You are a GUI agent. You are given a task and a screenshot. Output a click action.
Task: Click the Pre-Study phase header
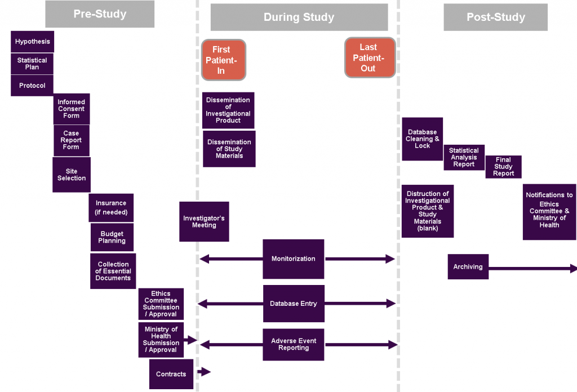[100, 14]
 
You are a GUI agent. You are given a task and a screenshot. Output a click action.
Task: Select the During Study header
[299, 17]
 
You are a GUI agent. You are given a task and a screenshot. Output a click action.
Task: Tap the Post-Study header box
[495, 17]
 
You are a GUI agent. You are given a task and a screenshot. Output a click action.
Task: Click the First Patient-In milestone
[223, 59]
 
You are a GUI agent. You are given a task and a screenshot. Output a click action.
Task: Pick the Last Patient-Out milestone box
[370, 57]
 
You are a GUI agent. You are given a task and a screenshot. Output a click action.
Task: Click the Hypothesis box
[32, 42]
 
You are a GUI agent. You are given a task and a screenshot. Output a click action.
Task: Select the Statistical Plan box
[32, 64]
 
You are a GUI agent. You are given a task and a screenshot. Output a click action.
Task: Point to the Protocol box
[32, 86]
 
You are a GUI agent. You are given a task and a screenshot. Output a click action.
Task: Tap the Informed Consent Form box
[72, 109]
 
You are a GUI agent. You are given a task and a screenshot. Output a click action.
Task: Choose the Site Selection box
[72, 175]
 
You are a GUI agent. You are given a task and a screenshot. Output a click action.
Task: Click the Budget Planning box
[112, 237]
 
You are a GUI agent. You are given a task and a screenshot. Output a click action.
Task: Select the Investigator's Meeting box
[204, 221]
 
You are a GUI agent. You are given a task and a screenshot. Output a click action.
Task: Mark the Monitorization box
[293, 259]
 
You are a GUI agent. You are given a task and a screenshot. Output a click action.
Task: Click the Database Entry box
[293, 304]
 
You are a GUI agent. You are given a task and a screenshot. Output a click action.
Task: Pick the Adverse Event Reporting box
[293, 344]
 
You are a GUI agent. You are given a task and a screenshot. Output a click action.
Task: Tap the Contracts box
[171, 374]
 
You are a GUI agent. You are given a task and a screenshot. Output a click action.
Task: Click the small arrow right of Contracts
[203, 372]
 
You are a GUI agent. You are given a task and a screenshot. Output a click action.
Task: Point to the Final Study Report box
[503, 167]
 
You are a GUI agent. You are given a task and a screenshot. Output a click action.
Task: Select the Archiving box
[468, 267]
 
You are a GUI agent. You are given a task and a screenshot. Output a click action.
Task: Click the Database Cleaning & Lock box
[422, 139]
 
